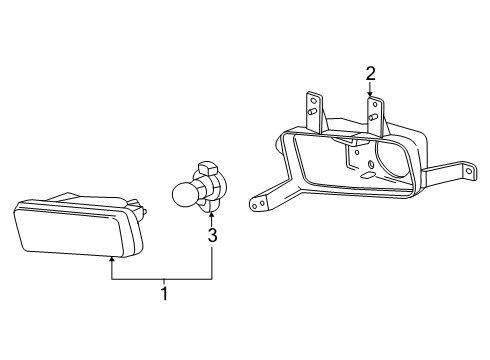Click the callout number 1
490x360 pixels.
click(164, 293)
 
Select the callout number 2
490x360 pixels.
click(370, 74)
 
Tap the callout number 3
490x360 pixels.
click(212, 235)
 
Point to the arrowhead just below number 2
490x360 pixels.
click(370, 94)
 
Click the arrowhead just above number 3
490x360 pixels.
click(211, 215)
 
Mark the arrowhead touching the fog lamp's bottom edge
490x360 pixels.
click(112, 258)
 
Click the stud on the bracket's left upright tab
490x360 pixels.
click(313, 111)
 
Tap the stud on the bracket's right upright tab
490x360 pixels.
click(373, 117)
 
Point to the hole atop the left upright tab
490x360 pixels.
click(313, 99)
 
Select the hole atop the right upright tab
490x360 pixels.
click(375, 104)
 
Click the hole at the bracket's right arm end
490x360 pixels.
click(470, 171)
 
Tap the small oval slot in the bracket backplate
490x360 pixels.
click(367, 175)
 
